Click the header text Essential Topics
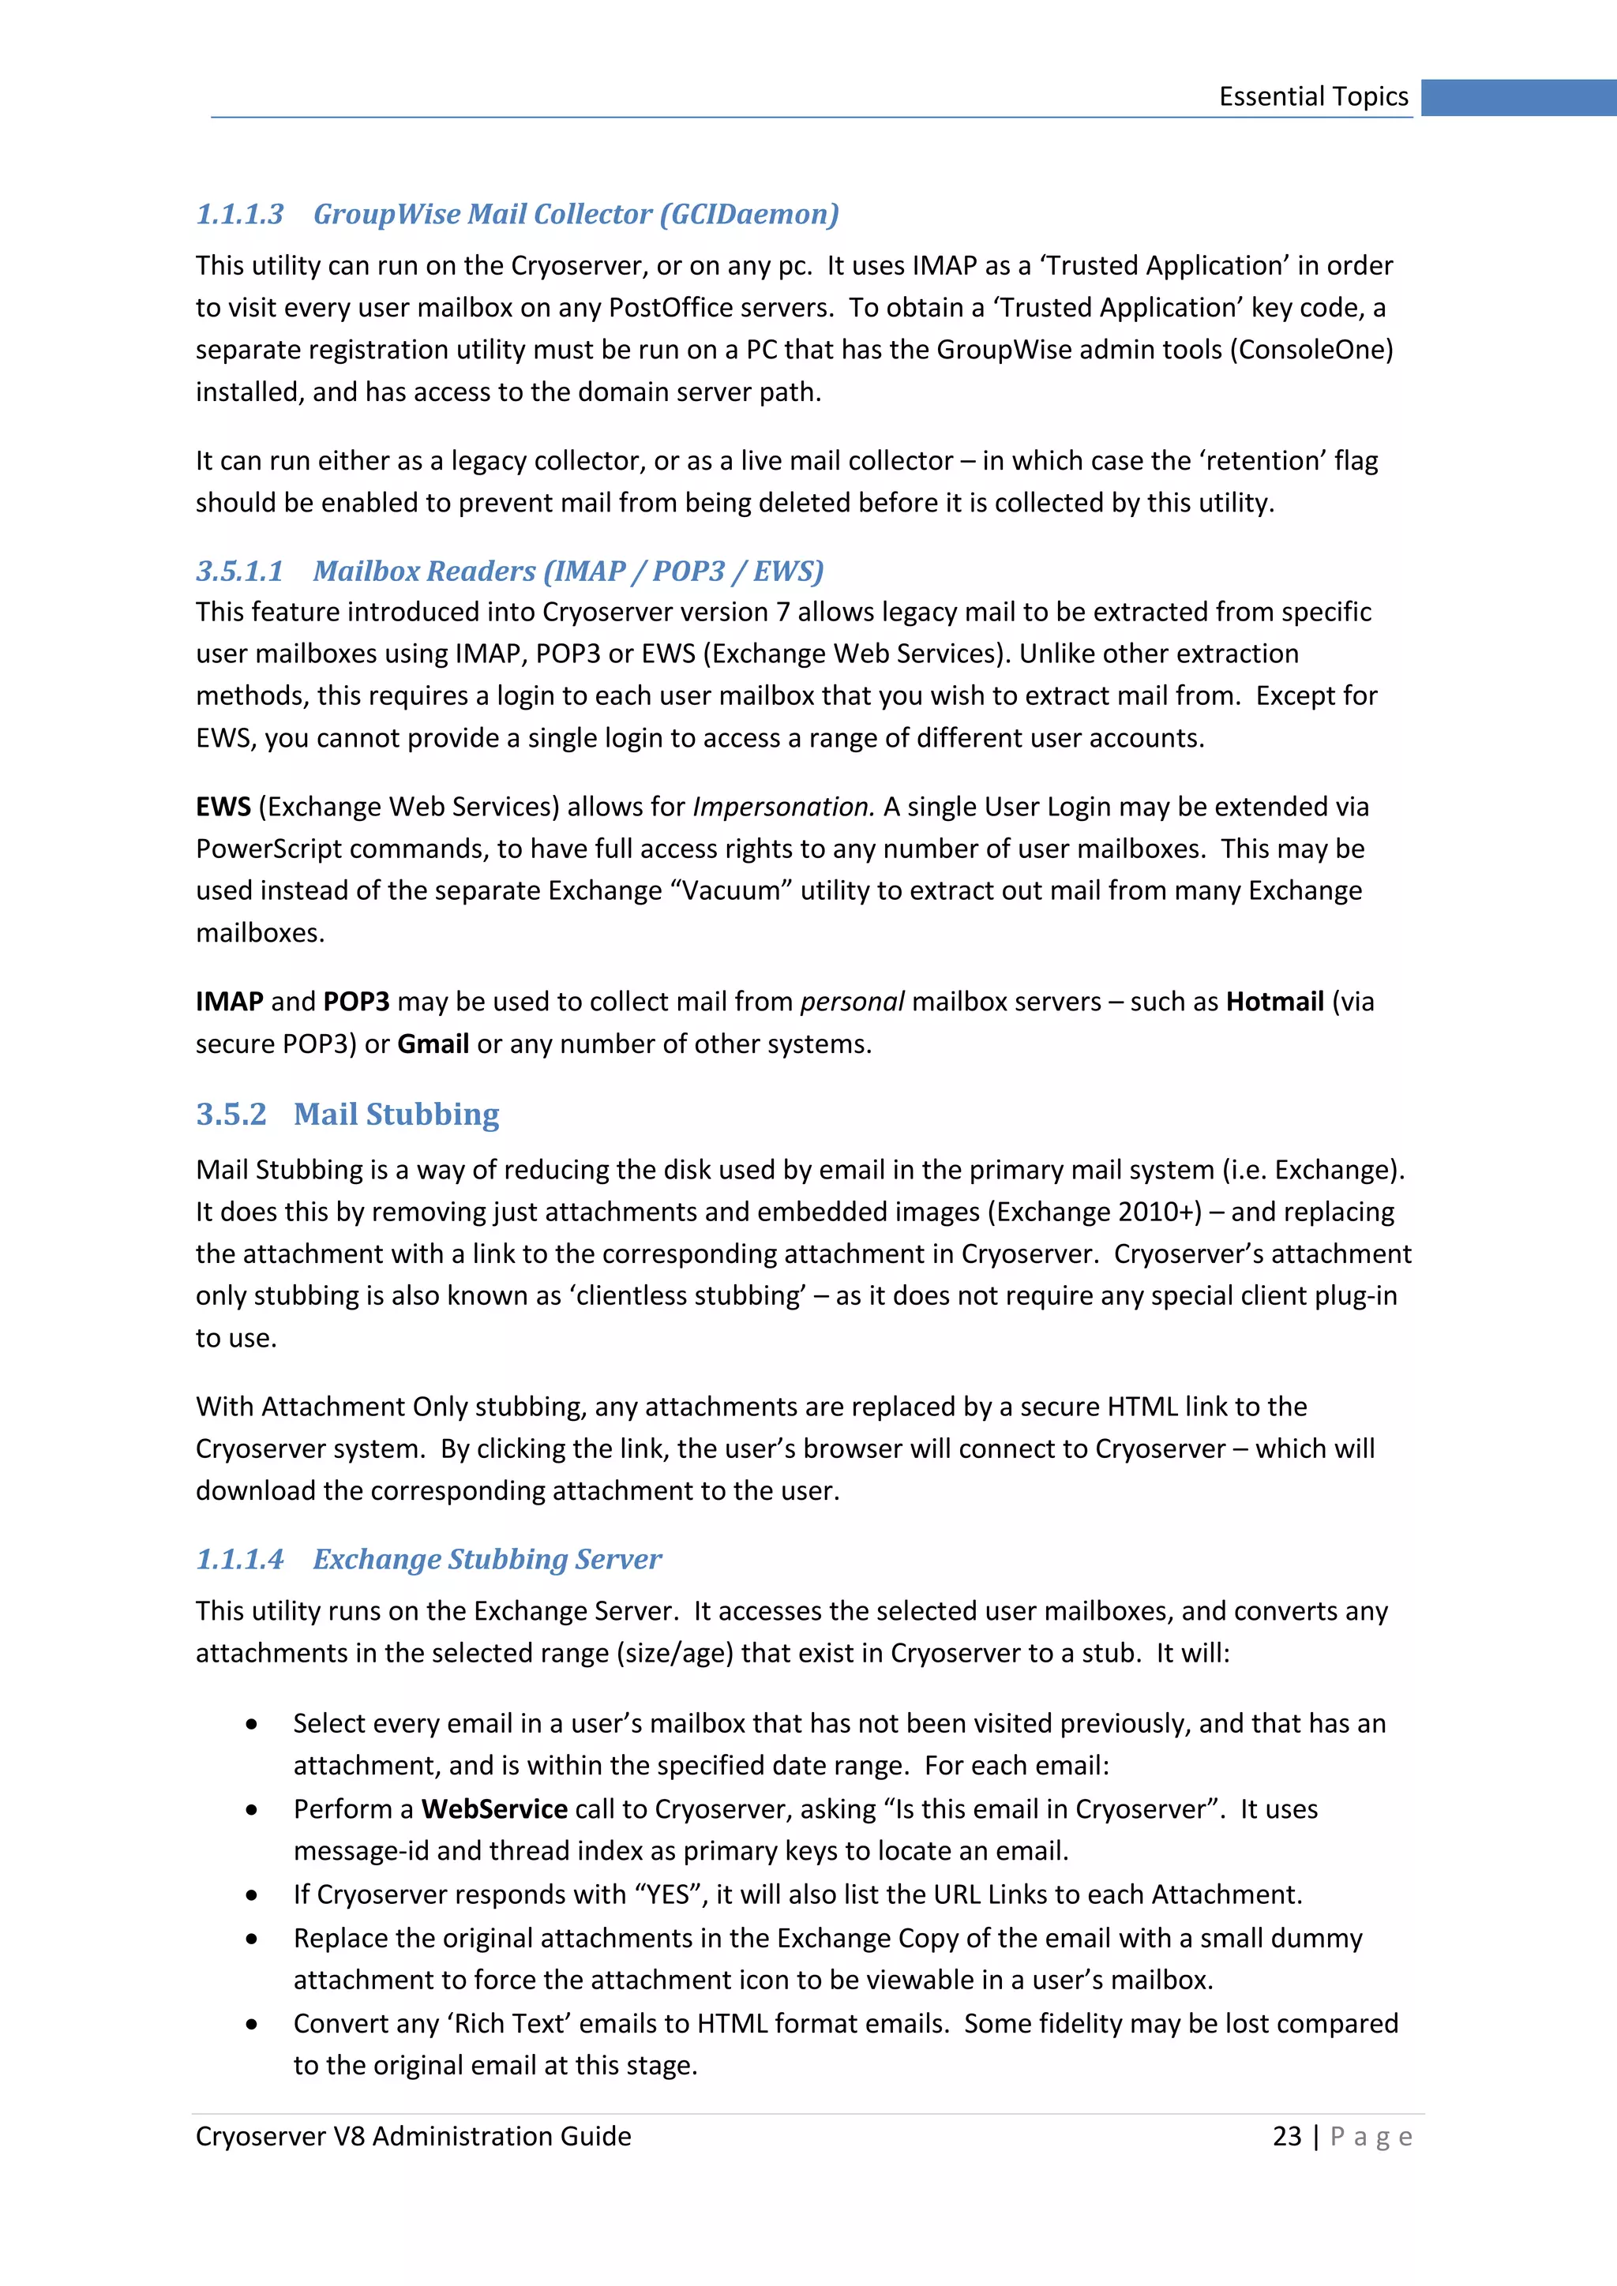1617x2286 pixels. coord(1312,96)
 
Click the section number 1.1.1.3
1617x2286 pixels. coord(240,214)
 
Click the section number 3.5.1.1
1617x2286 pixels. coord(240,571)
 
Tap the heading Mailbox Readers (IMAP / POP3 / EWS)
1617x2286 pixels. coord(568,571)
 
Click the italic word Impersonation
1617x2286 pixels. coord(782,807)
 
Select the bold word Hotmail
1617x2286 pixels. coord(1274,1002)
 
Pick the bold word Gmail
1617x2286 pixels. coord(433,1044)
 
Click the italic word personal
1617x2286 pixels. coord(852,1002)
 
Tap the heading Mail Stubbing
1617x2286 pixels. coord(396,1114)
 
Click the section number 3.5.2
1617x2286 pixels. coord(231,1114)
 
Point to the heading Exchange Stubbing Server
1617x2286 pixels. coord(487,1559)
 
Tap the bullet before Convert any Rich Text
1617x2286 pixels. coord(252,2024)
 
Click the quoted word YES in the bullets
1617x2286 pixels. coord(668,1894)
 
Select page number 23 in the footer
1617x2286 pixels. coord(1286,2137)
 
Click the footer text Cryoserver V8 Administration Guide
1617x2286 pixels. coord(413,2137)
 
